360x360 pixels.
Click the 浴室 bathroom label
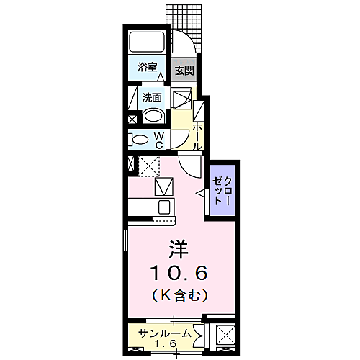coord(148,67)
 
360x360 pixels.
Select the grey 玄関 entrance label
coord(184,71)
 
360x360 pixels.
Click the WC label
coord(160,139)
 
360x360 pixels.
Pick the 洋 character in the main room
coord(179,250)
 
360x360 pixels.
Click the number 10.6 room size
coord(179,273)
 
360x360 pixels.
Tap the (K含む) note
coord(179,294)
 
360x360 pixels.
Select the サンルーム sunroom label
coord(165,333)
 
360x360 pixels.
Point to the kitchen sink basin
coord(163,207)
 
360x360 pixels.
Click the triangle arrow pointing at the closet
coord(201,193)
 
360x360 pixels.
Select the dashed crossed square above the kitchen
coord(149,166)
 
